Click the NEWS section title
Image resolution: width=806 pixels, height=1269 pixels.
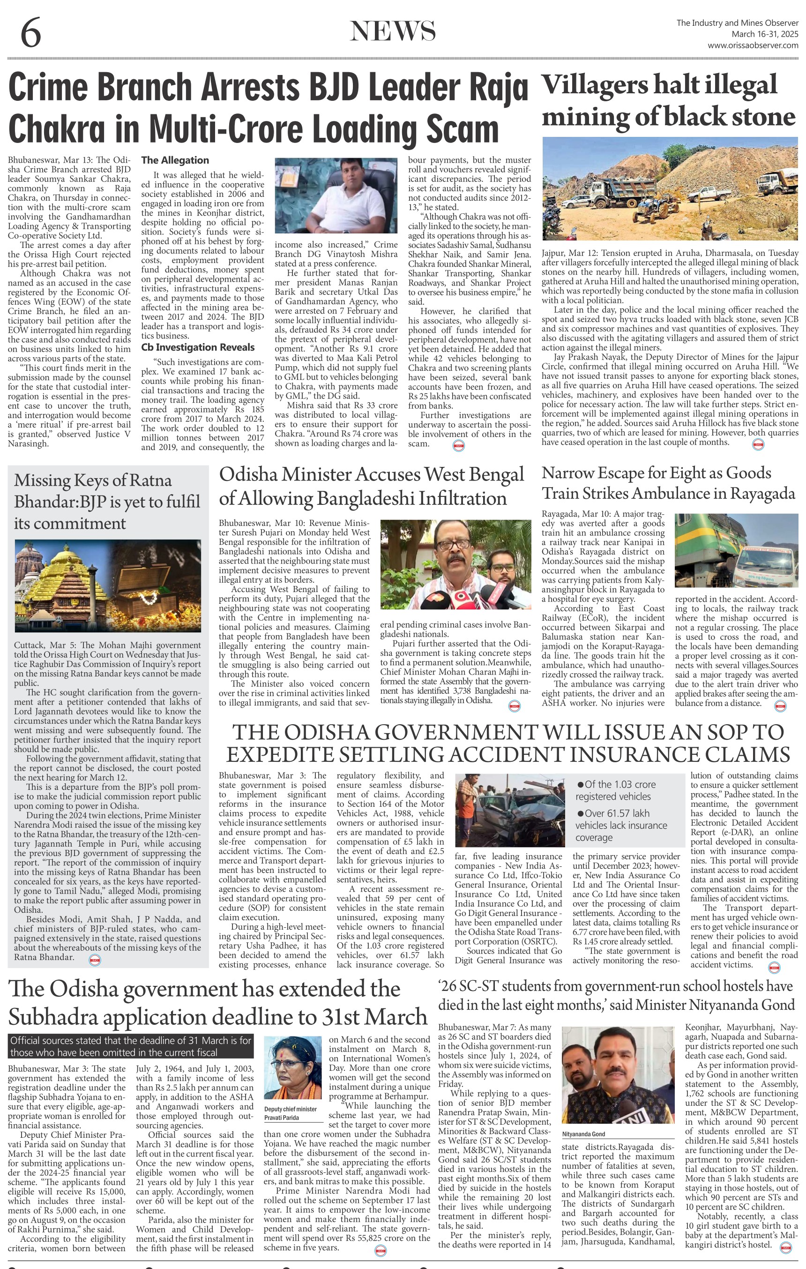click(393, 31)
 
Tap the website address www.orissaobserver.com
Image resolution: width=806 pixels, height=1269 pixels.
click(753, 45)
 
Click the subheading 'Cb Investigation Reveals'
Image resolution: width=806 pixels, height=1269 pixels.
click(198, 347)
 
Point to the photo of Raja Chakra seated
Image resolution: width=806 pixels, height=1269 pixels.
click(336, 195)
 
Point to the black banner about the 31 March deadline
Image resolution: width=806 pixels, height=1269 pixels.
click(131, 1046)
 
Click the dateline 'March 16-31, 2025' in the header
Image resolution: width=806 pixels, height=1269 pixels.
click(764, 34)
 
